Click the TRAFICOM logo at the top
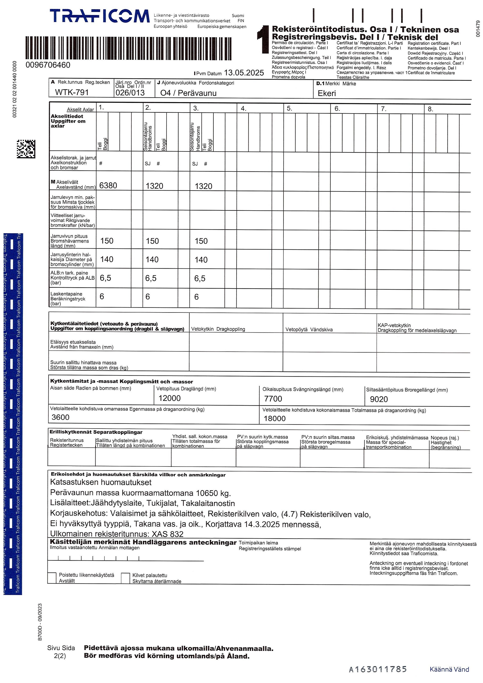pyautogui.click(x=100, y=16)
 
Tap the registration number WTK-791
pyautogui.click(x=72, y=92)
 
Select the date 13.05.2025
pyautogui.click(x=244, y=73)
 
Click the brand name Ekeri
pyautogui.click(x=327, y=93)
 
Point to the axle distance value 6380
pyautogui.click(x=108, y=186)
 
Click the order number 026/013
pyautogui.click(x=130, y=92)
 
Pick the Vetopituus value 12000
pyautogui.click(x=170, y=398)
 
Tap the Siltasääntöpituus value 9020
pyautogui.click(x=379, y=399)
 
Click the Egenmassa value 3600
pyautogui.click(x=60, y=417)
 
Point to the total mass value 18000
pyautogui.click(x=275, y=419)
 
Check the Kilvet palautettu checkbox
pyautogui.click(x=125, y=578)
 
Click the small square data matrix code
pyautogui.click(x=26, y=149)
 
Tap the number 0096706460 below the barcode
pyautogui.click(x=48, y=65)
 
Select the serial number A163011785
pyautogui.click(x=378, y=669)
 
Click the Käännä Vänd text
pyautogui.click(x=449, y=669)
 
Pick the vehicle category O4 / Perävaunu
pyautogui.click(x=188, y=93)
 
